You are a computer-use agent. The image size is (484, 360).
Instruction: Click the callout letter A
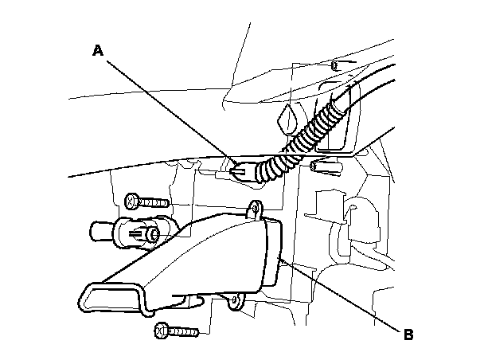coord(98,51)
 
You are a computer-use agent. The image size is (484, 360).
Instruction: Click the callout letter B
coord(408,335)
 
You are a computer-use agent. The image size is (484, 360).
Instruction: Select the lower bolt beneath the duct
coord(178,327)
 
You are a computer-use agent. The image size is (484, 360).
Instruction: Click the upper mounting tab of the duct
coord(256,209)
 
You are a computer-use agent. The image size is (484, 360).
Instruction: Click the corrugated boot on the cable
coord(295,147)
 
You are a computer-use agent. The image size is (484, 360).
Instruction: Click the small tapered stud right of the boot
coord(329,168)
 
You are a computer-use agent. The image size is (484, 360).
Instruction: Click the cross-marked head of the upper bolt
coord(131,197)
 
